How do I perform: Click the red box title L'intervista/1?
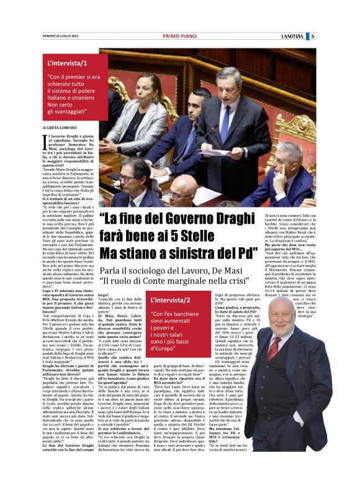point(68,63)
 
